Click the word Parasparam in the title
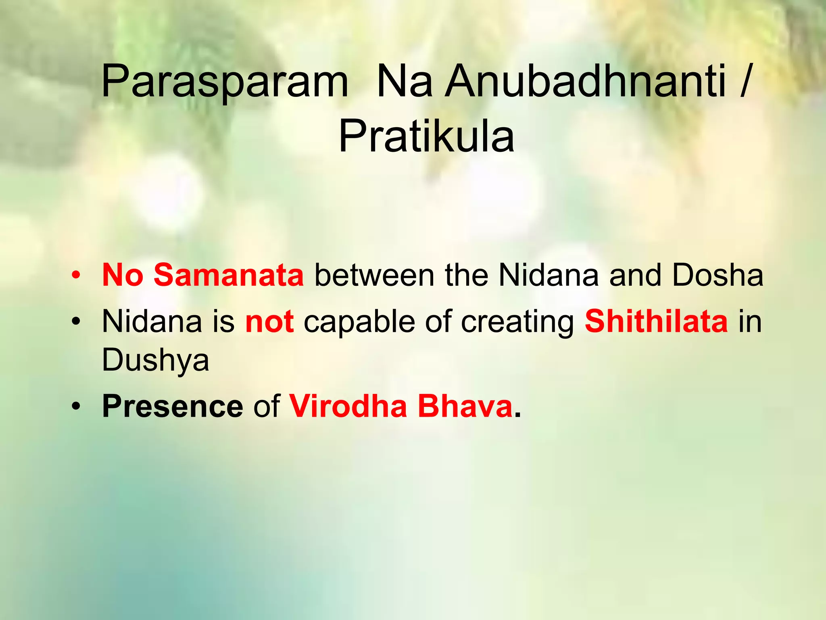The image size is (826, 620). point(224,82)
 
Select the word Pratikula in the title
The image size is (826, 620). point(426,137)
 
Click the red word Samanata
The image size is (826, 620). point(228,275)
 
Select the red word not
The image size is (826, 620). point(269,322)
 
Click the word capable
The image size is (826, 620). point(359,322)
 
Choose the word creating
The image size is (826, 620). point(518,322)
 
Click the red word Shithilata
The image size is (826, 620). point(656,322)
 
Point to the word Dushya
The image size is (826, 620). point(155,360)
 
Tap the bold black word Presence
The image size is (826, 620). point(173,406)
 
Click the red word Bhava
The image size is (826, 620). point(465,406)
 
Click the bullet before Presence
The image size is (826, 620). point(75,406)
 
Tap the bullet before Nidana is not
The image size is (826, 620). point(75,322)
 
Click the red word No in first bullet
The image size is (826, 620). point(123,275)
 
